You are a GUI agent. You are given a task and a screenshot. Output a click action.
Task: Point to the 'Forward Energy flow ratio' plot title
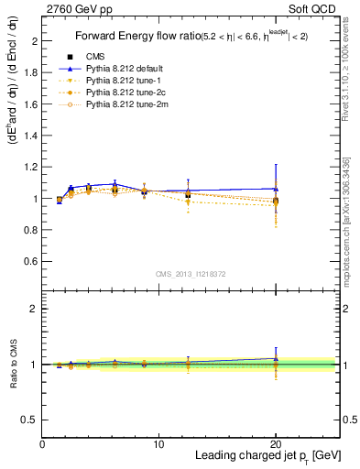tap(137, 37)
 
